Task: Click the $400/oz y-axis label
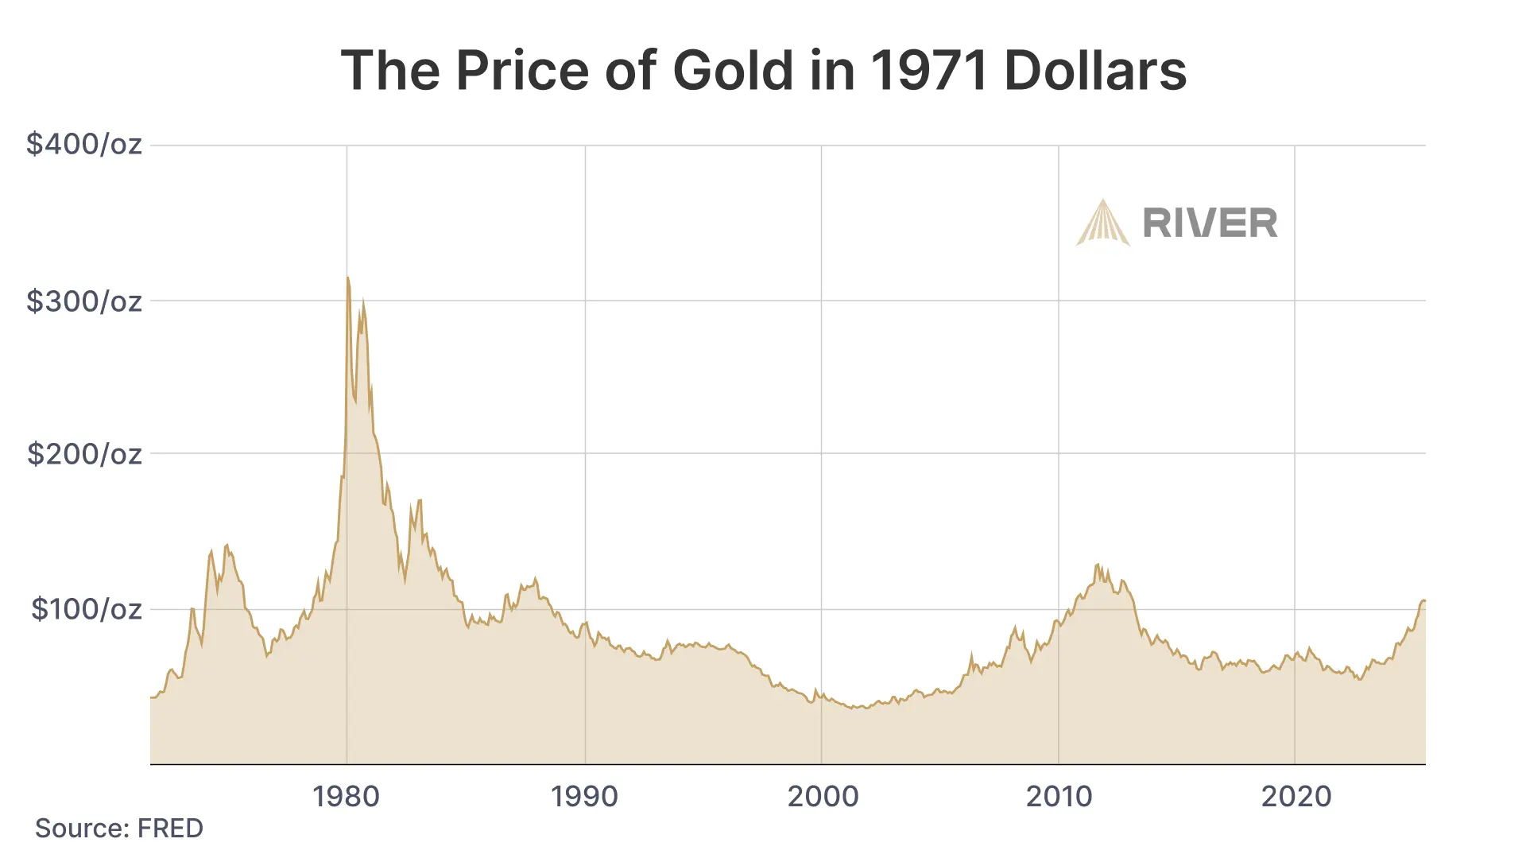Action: (x=84, y=144)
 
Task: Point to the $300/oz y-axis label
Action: (x=84, y=301)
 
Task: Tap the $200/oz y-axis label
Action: (x=84, y=454)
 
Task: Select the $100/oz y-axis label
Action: (x=86, y=609)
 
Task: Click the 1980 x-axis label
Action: (x=346, y=796)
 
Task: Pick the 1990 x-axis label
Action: (x=584, y=796)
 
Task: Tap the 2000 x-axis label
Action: (x=823, y=796)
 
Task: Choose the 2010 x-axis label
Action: (x=1059, y=796)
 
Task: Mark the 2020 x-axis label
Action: (x=1296, y=796)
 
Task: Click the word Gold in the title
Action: (x=733, y=70)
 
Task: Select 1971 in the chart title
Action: (x=928, y=70)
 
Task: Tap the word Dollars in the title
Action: (x=1095, y=70)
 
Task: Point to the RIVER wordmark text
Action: (x=1210, y=223)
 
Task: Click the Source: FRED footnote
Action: (x=119, y=829)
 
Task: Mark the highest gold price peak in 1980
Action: (x=348, y=278)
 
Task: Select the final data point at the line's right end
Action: (x=1424, y=600)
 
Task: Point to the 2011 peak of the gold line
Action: (x=1098, y=565)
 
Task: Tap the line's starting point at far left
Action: (x=151, y=697)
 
